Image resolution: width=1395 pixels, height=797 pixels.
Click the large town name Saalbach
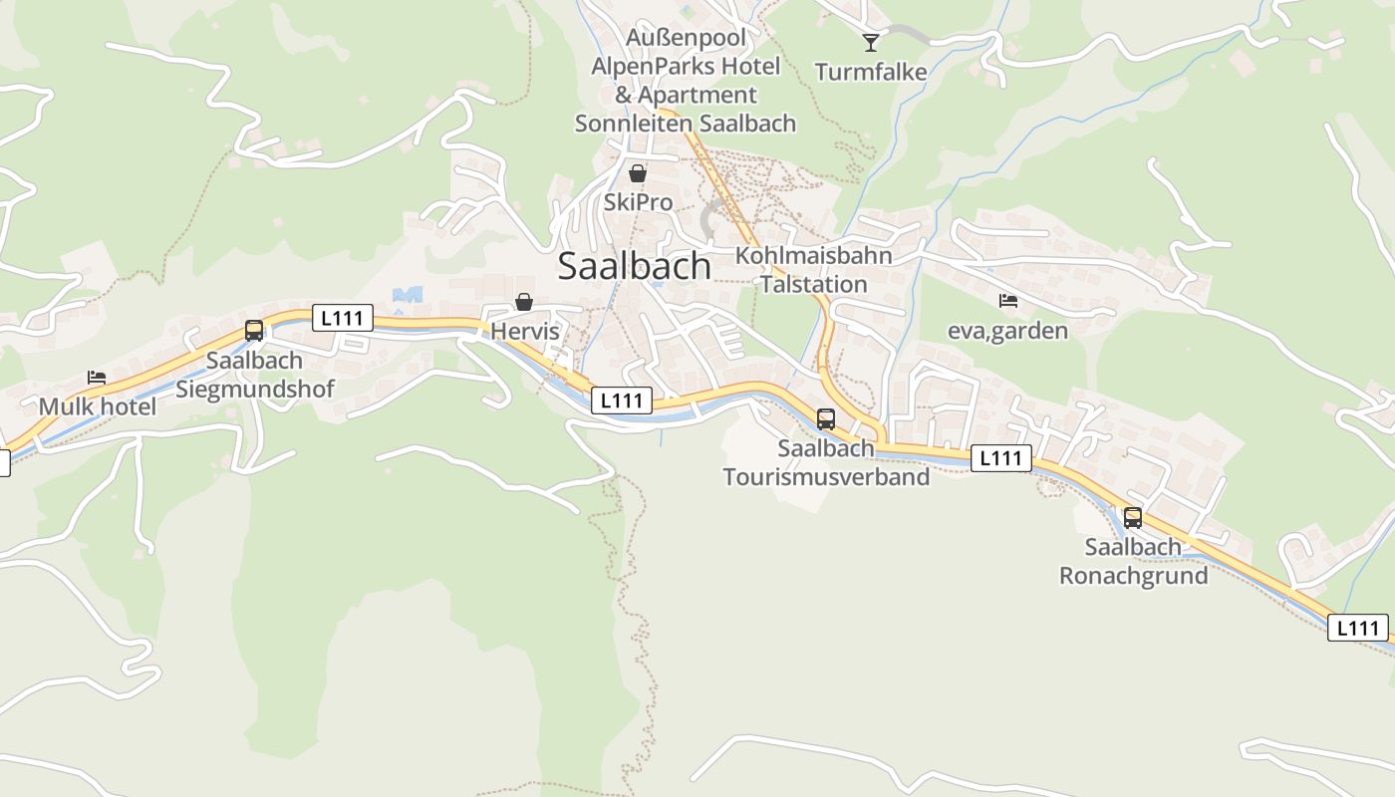634,266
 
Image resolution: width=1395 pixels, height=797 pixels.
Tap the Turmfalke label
871,72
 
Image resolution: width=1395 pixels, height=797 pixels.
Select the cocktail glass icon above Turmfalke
871,42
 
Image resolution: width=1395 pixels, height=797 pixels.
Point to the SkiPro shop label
638,202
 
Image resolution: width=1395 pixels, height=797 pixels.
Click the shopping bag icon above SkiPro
638,173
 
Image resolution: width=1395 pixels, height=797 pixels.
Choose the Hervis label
525,331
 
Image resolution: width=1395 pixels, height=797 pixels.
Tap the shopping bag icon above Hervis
524,302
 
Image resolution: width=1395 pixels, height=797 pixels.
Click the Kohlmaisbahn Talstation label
813,269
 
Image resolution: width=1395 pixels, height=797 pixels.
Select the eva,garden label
1007,331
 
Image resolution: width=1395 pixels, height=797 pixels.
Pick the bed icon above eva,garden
1008,300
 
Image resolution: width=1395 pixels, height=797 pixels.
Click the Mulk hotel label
98,406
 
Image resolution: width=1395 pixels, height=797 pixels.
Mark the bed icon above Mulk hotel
97,378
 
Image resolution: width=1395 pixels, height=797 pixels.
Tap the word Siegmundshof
255,389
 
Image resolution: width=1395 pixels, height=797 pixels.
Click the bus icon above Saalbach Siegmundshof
254,331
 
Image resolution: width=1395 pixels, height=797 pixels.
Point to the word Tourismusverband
826,477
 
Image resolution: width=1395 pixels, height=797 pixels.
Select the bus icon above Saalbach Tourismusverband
826,419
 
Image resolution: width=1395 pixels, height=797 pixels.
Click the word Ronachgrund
1133,576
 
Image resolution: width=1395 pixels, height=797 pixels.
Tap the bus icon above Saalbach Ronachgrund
1133,518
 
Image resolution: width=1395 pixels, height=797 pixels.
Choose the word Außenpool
687,38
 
